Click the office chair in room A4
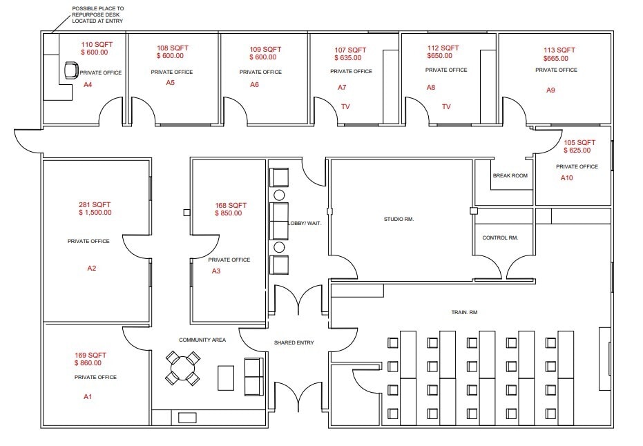pos(70,70)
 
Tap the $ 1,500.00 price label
pos(95,213)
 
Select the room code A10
pos(567,178)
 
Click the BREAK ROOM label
pos(510,176)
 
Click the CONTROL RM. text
pos(499,237)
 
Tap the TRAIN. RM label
pos(464,313)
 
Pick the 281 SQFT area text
pos(95,204)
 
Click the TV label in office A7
pos(345,106)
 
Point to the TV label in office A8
pos(446,106)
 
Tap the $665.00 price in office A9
pos(556,58)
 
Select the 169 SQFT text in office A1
pos(90,355)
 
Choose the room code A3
pos(216,271)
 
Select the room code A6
pos(254,84)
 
